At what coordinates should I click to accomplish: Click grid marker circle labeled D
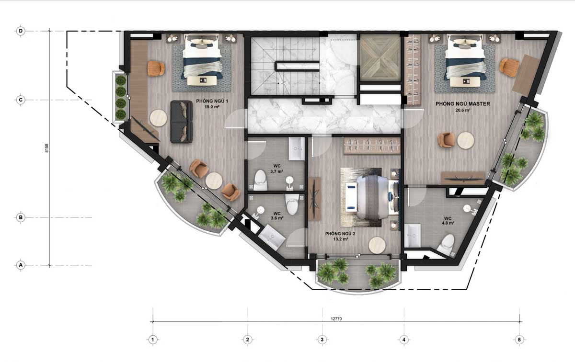click(21, 31)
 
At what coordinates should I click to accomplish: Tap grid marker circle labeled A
click(21, 265)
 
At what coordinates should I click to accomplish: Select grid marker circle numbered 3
click(322, 339)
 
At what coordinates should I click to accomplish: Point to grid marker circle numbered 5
click(519, 339)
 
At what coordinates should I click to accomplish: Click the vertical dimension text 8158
click(46, 148)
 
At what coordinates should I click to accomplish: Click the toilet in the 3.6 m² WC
click(292, 204)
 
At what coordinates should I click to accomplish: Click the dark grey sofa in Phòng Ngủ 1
click(182, 122)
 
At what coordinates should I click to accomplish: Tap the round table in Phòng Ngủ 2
click(377, 245)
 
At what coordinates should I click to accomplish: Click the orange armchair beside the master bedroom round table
click(447, 140)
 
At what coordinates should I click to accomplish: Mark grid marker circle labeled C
click(21, 100)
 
